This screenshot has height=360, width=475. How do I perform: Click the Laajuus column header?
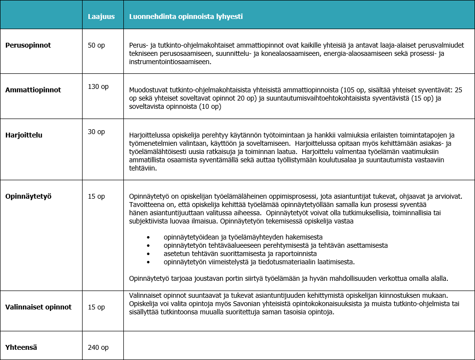coord(101,17)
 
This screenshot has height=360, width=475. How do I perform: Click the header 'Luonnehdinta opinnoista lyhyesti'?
coord(186,17)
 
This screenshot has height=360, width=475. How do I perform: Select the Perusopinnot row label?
coord(28,45)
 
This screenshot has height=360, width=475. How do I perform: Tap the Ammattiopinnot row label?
coord(33,90)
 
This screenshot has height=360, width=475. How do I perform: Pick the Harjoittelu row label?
coord(24,135)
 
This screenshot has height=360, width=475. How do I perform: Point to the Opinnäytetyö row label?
coord(28,197)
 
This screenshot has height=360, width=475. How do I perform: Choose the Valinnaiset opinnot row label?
coord(38,307)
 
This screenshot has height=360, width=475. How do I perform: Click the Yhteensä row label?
coord(21,347)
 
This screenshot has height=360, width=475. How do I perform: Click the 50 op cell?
coord(97,45)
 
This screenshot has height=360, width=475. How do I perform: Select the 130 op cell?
coord(98,86)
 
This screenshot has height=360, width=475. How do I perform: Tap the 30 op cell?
coord(97,132)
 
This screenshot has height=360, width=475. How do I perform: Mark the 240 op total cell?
coord(98,347)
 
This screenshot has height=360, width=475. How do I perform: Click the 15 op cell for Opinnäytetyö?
coord(97,197)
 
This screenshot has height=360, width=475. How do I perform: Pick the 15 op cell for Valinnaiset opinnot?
coord(97,307)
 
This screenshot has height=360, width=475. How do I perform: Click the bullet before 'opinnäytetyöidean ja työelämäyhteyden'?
coord(149,237)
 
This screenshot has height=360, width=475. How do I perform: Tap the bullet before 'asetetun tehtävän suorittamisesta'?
coord(149,254)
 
